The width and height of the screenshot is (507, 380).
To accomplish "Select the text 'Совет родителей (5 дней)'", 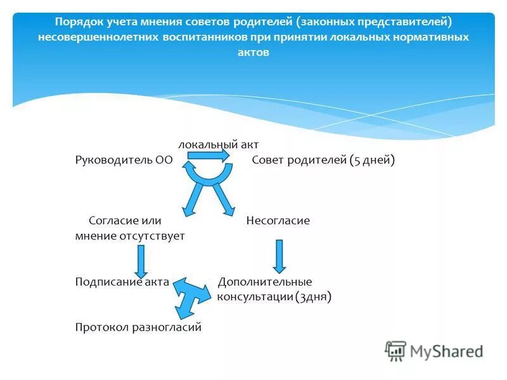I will [x=323, y=160].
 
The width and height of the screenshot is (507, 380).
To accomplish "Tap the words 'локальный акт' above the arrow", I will [x=218, y=144].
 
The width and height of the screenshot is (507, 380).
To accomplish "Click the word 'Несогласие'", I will [x=278, y=220].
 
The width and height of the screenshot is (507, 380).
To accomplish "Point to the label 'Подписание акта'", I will [x=122, y=282].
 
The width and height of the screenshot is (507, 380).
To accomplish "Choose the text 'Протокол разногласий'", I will [x=138, y=327].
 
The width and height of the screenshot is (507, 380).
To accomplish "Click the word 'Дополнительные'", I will [x=265, y=282].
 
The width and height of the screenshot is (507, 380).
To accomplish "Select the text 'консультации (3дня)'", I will [x=274, y=296].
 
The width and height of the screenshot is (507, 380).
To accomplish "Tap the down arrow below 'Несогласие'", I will [x=279, y=255].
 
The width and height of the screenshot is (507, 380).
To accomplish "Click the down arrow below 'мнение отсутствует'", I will [x=141, y=260].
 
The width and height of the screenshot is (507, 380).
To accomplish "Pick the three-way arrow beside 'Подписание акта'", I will [x=191, y=294].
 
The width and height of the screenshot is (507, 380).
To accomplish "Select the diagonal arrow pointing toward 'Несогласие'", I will [x=224, y=200].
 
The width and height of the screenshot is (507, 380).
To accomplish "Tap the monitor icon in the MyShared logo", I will [x=395, y=351].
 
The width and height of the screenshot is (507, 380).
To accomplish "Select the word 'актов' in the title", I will [x=253, y=53].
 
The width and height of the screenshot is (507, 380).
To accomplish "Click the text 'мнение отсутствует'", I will [x=130, y=236].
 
